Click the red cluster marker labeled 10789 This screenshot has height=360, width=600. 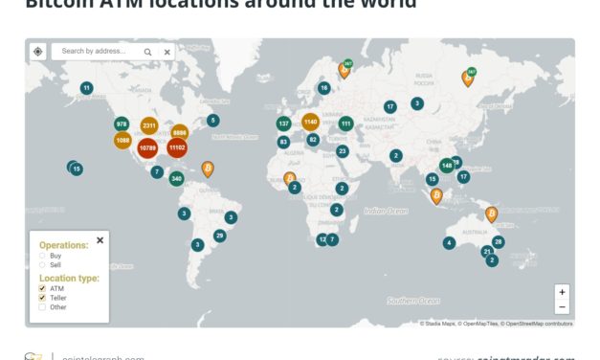(147, 148)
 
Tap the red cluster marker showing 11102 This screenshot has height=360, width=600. (176, 147)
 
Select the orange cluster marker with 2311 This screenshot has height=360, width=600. (149, 125)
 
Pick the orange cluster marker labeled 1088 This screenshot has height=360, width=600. (122, 140)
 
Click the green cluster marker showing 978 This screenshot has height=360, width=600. (122, 124)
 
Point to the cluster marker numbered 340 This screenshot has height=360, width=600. (176, 179)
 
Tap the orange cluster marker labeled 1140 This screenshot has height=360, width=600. (310, 122)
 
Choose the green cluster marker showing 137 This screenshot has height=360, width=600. (283, 124)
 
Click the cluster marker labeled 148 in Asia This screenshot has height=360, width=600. (447, 166)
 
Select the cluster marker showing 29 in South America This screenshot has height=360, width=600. (219, 236)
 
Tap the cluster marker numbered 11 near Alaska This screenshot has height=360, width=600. (87, 88)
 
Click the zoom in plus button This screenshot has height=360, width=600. (562, 292)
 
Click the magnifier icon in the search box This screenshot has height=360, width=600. (148, 52)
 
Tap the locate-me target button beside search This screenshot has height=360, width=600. (37, 52)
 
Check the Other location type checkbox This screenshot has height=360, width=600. (42, 307)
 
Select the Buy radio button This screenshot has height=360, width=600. (42, 256)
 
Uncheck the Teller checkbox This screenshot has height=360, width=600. (42, 298)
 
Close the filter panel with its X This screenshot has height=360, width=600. (100, 240)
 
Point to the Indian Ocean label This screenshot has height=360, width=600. (386, 211)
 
